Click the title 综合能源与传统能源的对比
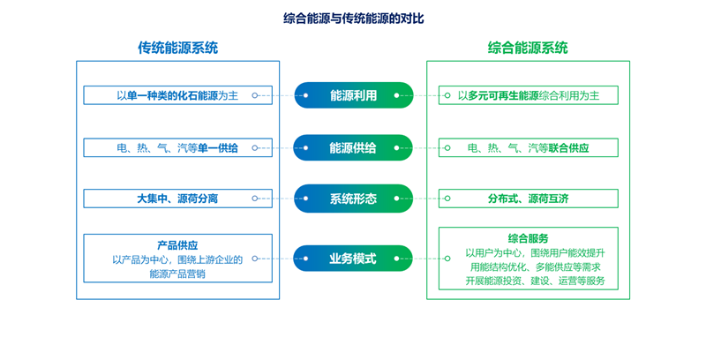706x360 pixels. click(x=354, y=19)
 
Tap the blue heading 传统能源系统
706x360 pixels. click(x=178, y=48)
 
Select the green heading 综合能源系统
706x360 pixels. click(x=528, y=48)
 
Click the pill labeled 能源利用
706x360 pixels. click(x=354, y=95)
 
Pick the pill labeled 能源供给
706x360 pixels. click(x=353, y=148)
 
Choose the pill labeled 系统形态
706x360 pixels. click(x=354, y=199)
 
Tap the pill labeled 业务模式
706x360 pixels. click(x=353, y=259)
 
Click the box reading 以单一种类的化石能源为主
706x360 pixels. click(x=178, y=95)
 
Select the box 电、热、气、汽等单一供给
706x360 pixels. click(x=178, y=147)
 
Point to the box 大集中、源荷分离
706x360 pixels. click(x=178, y=199)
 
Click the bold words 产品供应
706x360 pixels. click(x=177, y=245)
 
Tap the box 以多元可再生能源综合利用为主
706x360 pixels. click(x=529, y=95)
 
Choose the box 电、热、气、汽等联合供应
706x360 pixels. click(x=529, y=147)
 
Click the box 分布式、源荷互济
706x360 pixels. click(x=529, y=199)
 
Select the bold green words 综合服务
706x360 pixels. click(x=528, y=238)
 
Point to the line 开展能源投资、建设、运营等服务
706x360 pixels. click(x=536, y=281)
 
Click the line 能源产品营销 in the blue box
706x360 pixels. click(x=177, y=274)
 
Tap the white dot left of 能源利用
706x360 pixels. click(x=305, y=95)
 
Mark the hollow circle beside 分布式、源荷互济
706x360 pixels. click(x=447, y=199)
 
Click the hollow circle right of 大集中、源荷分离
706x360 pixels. click(x=255, y=199)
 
